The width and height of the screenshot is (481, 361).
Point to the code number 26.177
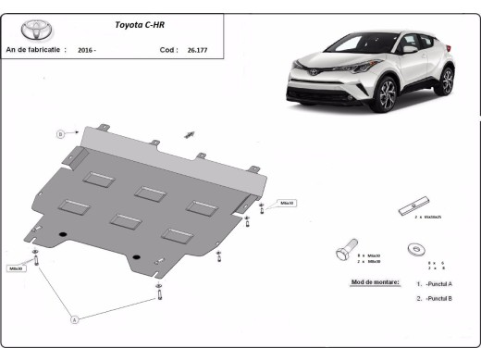pyautogui.click(x=197, y=50)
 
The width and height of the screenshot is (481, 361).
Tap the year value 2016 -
pyautogui.click(x=87, y=50)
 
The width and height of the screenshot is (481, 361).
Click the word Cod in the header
pyautogui.click(x=166, y=50)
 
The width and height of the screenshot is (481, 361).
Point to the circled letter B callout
pyautogui.click(x=61, y=134)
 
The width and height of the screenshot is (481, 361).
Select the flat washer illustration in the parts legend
pyautogui.click(x=416, y=248)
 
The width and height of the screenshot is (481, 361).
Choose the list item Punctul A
pyautogui.click(x=437, y=284)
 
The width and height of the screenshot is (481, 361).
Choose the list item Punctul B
pyautogui.click(x=437, y=298)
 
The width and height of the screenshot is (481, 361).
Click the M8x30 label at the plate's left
pyautogui.click(x=16, y=268)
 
